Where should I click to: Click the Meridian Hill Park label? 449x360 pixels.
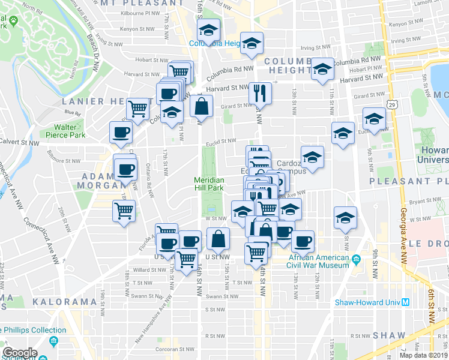click(209, 184)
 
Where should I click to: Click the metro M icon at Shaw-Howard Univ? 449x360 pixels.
click(406, 302)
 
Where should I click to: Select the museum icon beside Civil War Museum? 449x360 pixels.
click(357, 260)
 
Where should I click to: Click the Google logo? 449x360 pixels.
click(20, 353)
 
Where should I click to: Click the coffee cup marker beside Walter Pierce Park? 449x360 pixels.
click(121, 132)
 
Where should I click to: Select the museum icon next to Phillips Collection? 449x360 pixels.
click(54, 342)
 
